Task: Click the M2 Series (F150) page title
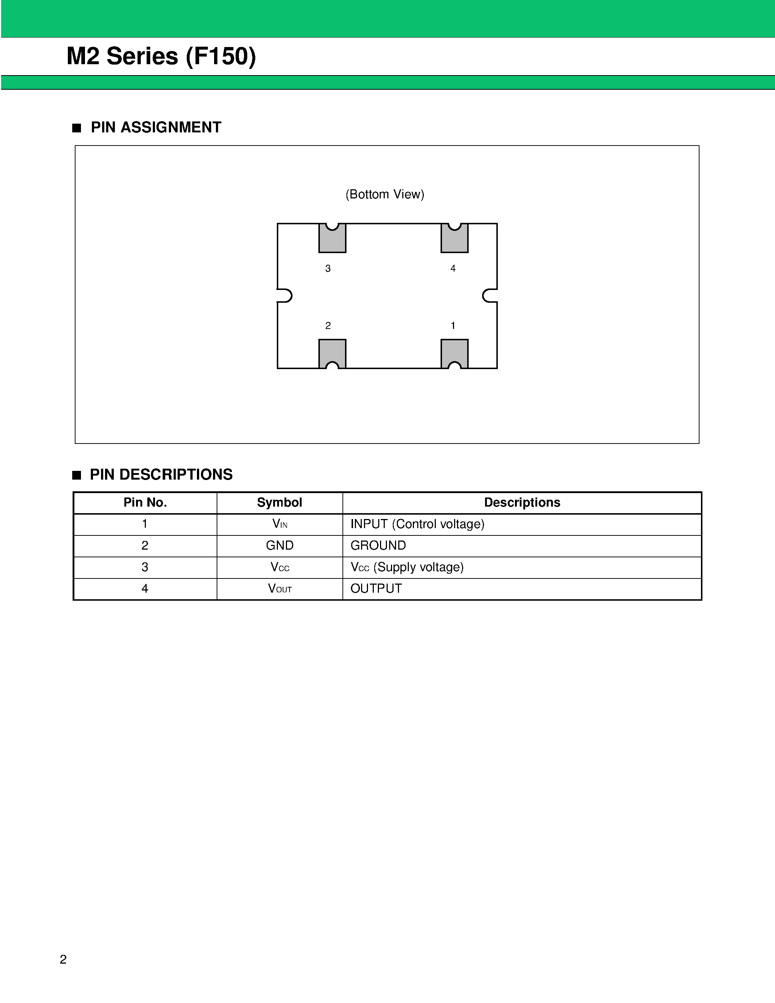tap(161, 57)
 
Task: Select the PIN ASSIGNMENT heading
tap(156, 127)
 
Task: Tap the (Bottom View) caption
tap(385, 194)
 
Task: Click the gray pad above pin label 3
tap(332, 240)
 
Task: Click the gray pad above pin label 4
tap(454, 240)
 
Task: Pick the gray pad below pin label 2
tap(332, 352)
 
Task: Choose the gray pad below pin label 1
tap(454, 352)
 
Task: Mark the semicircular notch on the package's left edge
tap(285, 296)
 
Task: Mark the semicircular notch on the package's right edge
tap(489, 296)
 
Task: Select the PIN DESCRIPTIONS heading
tap(161, 475)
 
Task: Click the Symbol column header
tap(279, 503)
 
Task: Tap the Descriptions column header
tap(522, 503)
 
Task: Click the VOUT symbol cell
tap(280, 589)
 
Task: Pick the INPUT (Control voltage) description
tap(417, 524)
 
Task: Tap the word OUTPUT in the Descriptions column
tap(376, 589)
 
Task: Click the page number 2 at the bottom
tap(63, 959)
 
